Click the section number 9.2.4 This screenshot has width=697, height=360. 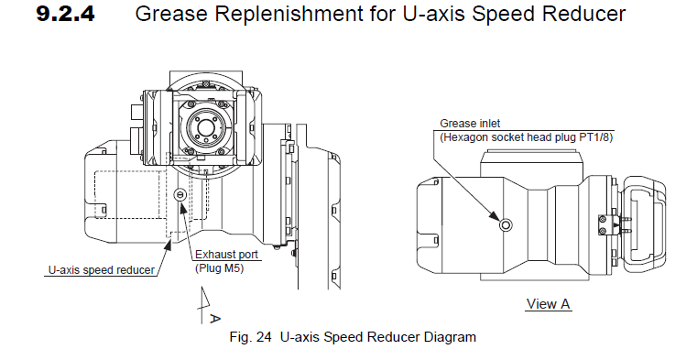(x=65, y=14)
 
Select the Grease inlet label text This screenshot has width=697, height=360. (x=470, y=123)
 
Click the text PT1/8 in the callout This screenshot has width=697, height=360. (x=595, y=137)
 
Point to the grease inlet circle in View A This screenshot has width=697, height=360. (x=506, y=225)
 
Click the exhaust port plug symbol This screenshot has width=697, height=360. (x=180, y=193)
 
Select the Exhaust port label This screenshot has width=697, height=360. (x=227, y=255)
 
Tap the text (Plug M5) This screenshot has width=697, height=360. (x=220, y=268)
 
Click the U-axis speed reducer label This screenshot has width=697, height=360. (x=102, y=270)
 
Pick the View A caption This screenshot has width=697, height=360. (x=548, y=304)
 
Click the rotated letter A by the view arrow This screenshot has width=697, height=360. (x=214, y=318)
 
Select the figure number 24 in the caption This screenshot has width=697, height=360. (x=264, y=337)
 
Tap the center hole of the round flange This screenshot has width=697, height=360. (x=205, y=127)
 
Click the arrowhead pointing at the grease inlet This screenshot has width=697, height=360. (x=496, y=215)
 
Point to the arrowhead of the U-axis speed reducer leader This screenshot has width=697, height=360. (x=168, y=243)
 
